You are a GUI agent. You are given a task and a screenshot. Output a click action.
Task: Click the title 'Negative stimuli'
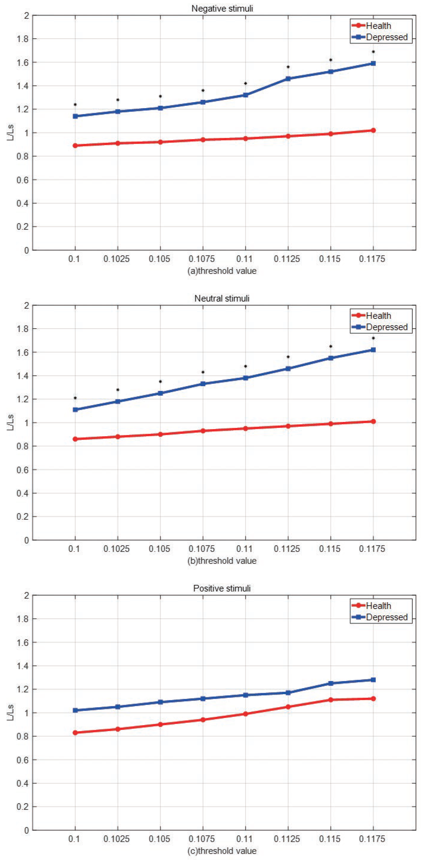point(222,8)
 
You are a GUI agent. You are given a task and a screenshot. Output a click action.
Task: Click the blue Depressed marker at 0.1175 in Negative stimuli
point(373,63)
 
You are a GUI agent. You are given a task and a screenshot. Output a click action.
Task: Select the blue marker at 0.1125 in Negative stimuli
point(288,79)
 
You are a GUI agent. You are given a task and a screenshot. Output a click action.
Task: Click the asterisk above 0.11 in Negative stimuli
point(245,83)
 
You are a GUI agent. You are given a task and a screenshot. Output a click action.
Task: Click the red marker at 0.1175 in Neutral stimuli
point(373,421)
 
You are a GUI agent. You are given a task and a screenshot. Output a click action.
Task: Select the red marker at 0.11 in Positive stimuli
point(245,714)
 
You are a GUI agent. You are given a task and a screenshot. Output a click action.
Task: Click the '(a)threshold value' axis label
point(222,271)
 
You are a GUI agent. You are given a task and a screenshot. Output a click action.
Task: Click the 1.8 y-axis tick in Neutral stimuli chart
point(23,329)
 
